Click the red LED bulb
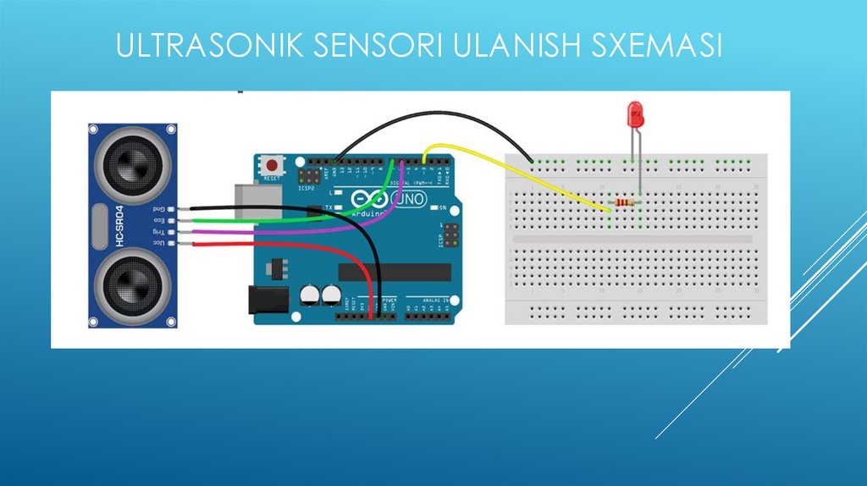point(632,114)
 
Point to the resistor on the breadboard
point(625,203)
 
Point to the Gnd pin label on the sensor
point(158,207)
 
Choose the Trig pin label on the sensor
point(158,231)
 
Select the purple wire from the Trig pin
point(279,230)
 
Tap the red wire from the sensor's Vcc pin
point(279,245)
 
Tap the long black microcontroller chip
point(395,271)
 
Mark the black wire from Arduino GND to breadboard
point(432,121)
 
